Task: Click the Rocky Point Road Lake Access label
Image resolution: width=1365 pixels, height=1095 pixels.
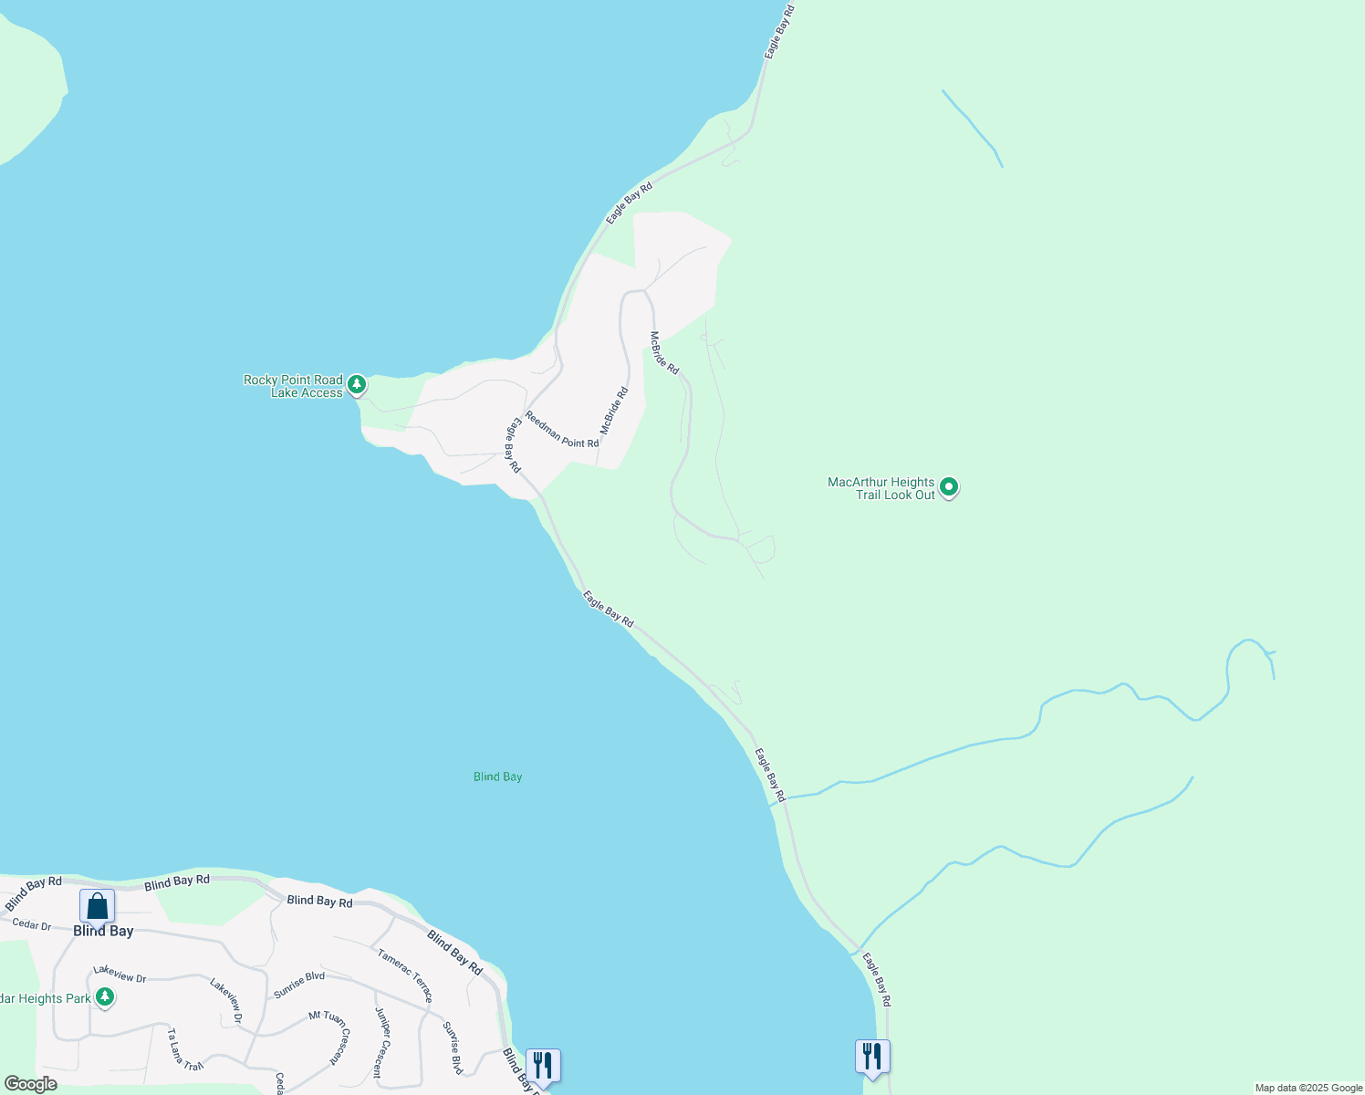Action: coord(293,386)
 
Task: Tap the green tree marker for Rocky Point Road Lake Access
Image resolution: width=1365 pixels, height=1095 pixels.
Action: coord(357,384)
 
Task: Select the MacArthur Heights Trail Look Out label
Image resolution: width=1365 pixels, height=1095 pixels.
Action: coord(881,488)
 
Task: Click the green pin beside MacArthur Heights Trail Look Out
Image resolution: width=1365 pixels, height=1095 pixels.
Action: coord(949,487)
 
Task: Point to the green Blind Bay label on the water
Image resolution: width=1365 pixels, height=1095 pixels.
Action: coord(497,777)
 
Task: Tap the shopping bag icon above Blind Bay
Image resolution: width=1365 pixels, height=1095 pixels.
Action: coord(97,907)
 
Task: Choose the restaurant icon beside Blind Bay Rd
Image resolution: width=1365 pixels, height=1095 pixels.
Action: coord(543,1065)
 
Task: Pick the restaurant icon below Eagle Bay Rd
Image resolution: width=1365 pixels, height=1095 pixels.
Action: coord(872,1057)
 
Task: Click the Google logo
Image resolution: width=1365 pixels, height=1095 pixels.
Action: coord(30,1084)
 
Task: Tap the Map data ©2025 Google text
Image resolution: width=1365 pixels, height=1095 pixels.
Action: coord(1308,1088)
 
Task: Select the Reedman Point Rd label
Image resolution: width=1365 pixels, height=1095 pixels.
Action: coord(561,430)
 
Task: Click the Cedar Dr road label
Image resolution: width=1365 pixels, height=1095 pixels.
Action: coord(32,924)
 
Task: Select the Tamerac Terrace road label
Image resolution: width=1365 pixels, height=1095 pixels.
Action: coord(405,975)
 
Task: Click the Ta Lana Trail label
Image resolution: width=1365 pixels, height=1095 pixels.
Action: coord(184,1049)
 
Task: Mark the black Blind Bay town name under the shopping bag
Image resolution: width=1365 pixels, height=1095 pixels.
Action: coord(103,931)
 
